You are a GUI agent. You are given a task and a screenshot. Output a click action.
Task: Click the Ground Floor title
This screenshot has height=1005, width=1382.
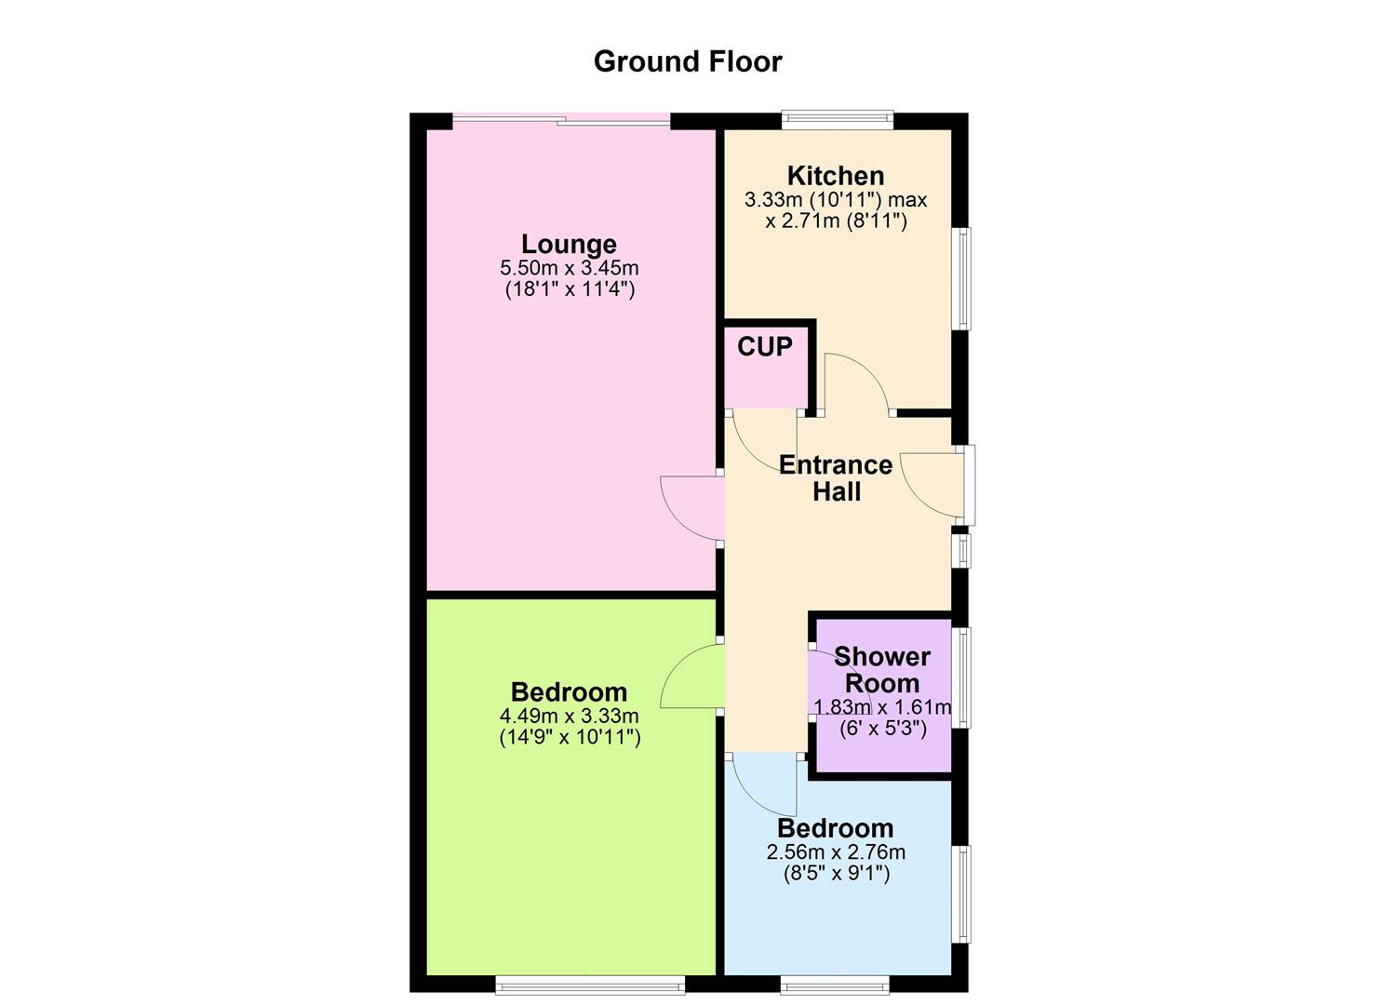tap(688, 61)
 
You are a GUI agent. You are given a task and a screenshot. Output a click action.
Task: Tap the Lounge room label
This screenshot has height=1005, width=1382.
tap(569, 244)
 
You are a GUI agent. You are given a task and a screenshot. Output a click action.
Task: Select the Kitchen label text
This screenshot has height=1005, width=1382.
tap(836, 175)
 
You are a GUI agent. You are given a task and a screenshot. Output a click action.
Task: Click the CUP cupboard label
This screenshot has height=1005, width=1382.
tap(765, 347)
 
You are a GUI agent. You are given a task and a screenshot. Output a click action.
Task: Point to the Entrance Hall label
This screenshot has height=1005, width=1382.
tap(836, 478)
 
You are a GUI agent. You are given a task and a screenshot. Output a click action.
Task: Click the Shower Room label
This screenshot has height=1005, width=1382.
tap(881, 670)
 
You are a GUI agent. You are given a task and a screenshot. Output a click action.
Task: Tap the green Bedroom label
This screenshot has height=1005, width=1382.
tap(569, 692)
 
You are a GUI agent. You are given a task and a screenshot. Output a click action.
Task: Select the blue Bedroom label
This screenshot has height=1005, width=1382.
tap(835, 828)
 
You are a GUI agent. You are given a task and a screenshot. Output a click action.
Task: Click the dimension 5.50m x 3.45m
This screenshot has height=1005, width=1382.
tap(569, 268)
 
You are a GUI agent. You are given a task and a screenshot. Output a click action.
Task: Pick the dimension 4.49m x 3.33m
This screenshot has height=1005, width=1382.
tap(569, 716)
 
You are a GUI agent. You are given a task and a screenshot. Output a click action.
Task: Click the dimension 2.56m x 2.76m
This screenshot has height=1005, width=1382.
tap(835, 851)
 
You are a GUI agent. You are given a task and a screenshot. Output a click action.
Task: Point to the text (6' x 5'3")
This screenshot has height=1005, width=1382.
tap(882, 729)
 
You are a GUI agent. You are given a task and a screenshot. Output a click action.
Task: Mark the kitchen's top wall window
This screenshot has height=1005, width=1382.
tap(838, 118)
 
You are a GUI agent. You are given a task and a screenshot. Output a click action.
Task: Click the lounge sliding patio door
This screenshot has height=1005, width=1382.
tap(560, 118)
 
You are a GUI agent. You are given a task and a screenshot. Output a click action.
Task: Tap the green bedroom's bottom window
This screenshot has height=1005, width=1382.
tap(590, 984)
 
